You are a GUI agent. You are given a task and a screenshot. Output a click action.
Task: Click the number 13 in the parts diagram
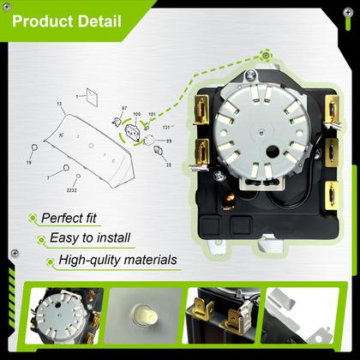tap(60, 103)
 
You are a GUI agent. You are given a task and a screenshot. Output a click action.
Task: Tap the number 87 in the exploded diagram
tap(124, 109)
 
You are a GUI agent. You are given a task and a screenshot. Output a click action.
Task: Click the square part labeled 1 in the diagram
tap(93, 97)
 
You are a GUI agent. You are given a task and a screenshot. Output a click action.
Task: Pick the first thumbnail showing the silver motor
tap(64, 319)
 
